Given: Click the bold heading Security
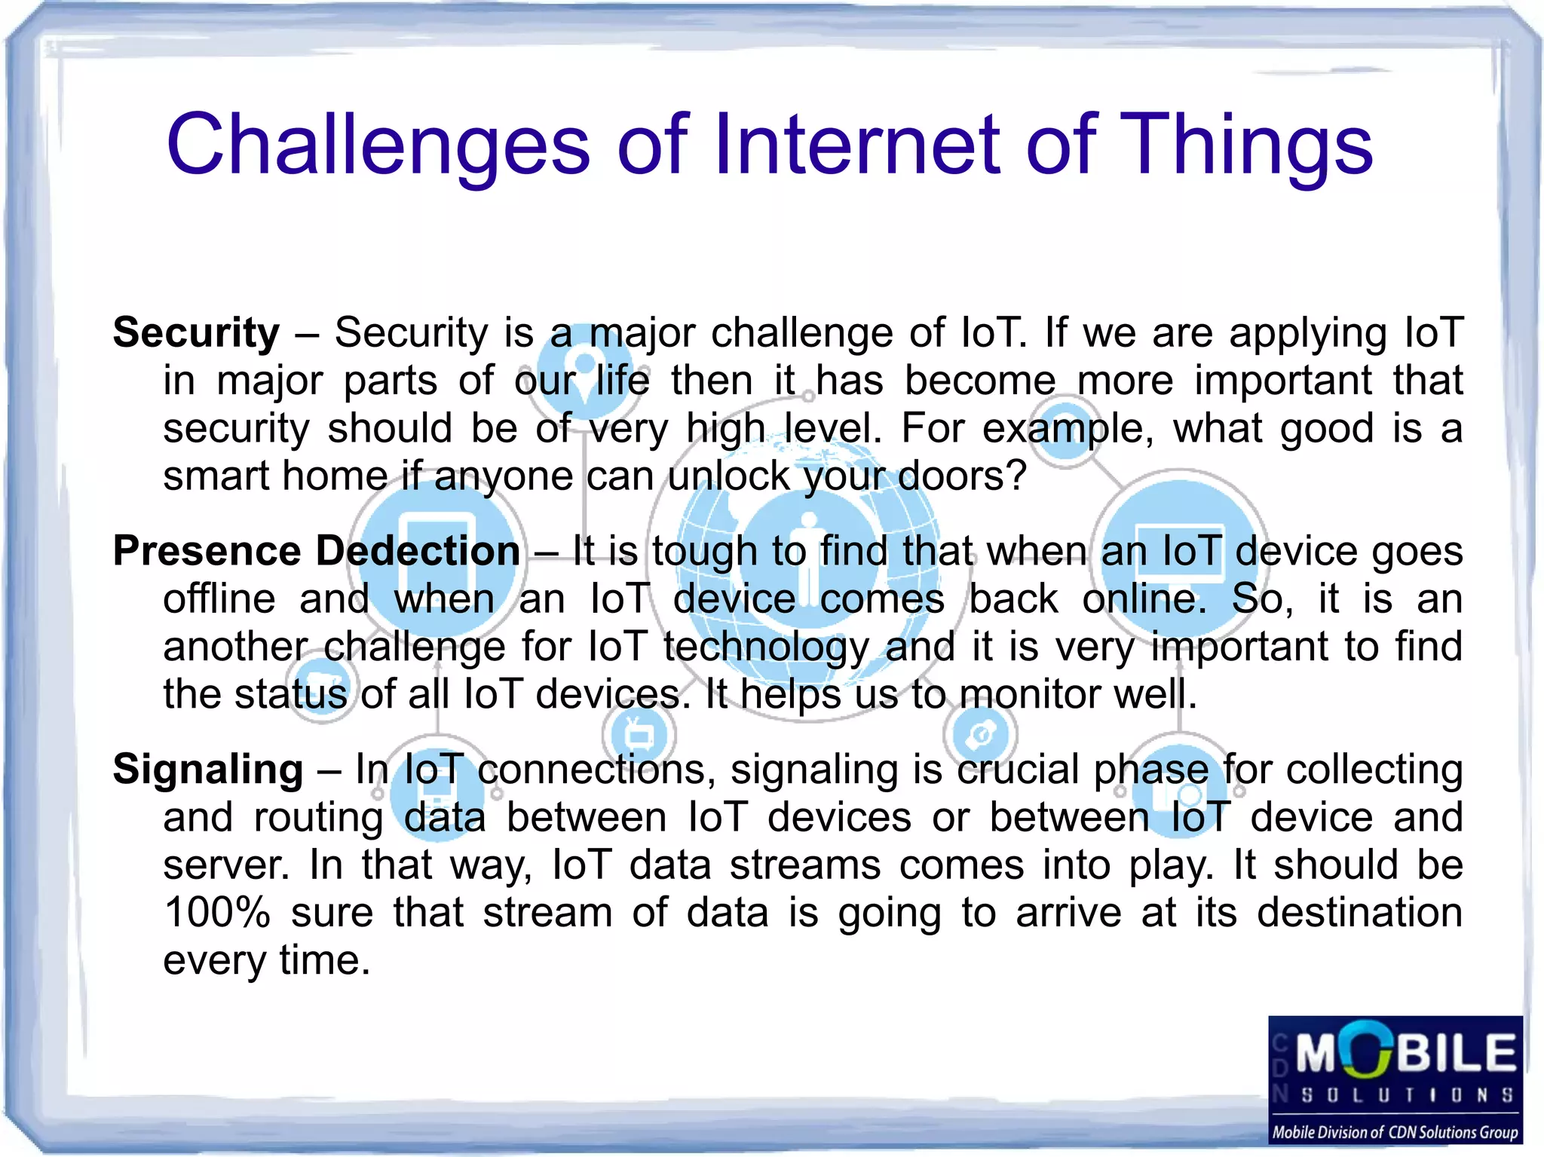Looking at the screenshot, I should pos(196,332).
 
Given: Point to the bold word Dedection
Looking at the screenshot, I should pos(418,550).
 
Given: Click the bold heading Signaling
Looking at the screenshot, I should pos(208,769).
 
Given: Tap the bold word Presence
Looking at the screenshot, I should pos(207,550).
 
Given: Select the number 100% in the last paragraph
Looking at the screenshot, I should pos(216,912).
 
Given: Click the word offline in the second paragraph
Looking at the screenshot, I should pos(219,598).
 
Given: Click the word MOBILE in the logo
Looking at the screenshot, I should pos(1405,1052).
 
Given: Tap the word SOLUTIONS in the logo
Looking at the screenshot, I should pos(1407,1094).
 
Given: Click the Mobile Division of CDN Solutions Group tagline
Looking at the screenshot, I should pos(1395,1132).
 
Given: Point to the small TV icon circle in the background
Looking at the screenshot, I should pos(639,733).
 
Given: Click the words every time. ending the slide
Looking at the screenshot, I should pos(267,960).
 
